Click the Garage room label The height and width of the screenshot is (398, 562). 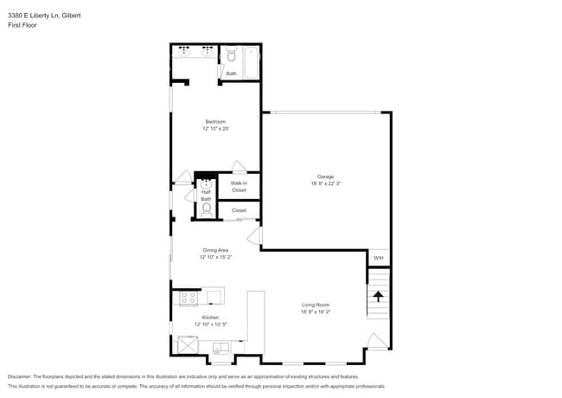325,177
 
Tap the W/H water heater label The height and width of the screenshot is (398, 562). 378,259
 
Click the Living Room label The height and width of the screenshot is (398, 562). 316,305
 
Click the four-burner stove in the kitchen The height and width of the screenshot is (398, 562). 188,298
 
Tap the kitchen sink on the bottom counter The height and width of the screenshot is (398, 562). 221,348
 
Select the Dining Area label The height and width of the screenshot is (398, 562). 215,250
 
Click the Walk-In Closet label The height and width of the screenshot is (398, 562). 239,186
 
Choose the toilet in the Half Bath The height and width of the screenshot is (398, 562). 206,209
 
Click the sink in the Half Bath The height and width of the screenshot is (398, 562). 206,183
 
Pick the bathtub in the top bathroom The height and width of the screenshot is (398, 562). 250,61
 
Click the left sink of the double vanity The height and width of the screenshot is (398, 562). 184,52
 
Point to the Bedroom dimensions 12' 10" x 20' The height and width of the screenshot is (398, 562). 216,128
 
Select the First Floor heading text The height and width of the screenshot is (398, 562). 22,25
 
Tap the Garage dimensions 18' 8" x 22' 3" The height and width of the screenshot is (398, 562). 325,183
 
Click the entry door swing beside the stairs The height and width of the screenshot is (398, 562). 376,341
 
